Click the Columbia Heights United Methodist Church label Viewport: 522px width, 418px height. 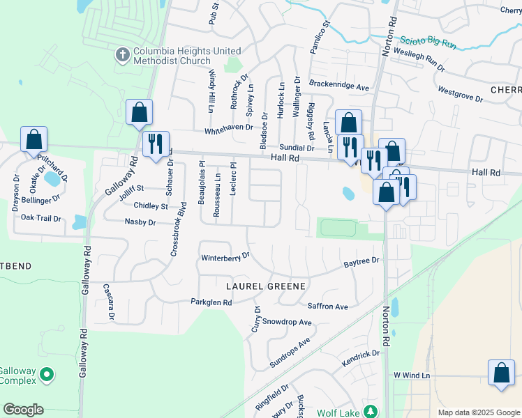click(x=187, y=56)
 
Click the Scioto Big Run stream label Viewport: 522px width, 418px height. click(x=428, y=43)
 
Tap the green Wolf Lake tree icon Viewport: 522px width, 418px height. click(x=371, y=412)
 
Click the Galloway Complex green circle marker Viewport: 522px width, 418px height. click(x=47, y=375)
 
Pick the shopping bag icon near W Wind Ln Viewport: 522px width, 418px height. click(x=501, y=373)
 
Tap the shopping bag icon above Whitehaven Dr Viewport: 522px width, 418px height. click(x=139, y=111)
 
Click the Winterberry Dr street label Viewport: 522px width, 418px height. click(x=225, y=258)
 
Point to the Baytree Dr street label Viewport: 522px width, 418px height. click(x=361, y=261)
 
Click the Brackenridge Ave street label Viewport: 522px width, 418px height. click(x=338, y=88)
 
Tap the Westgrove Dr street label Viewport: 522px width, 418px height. click(x=460, y=94)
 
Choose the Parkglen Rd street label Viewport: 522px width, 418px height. click(x=211, y=302)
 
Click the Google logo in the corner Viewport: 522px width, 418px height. click(x=23, y=410)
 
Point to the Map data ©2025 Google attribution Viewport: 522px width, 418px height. click(x=478, y=412)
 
